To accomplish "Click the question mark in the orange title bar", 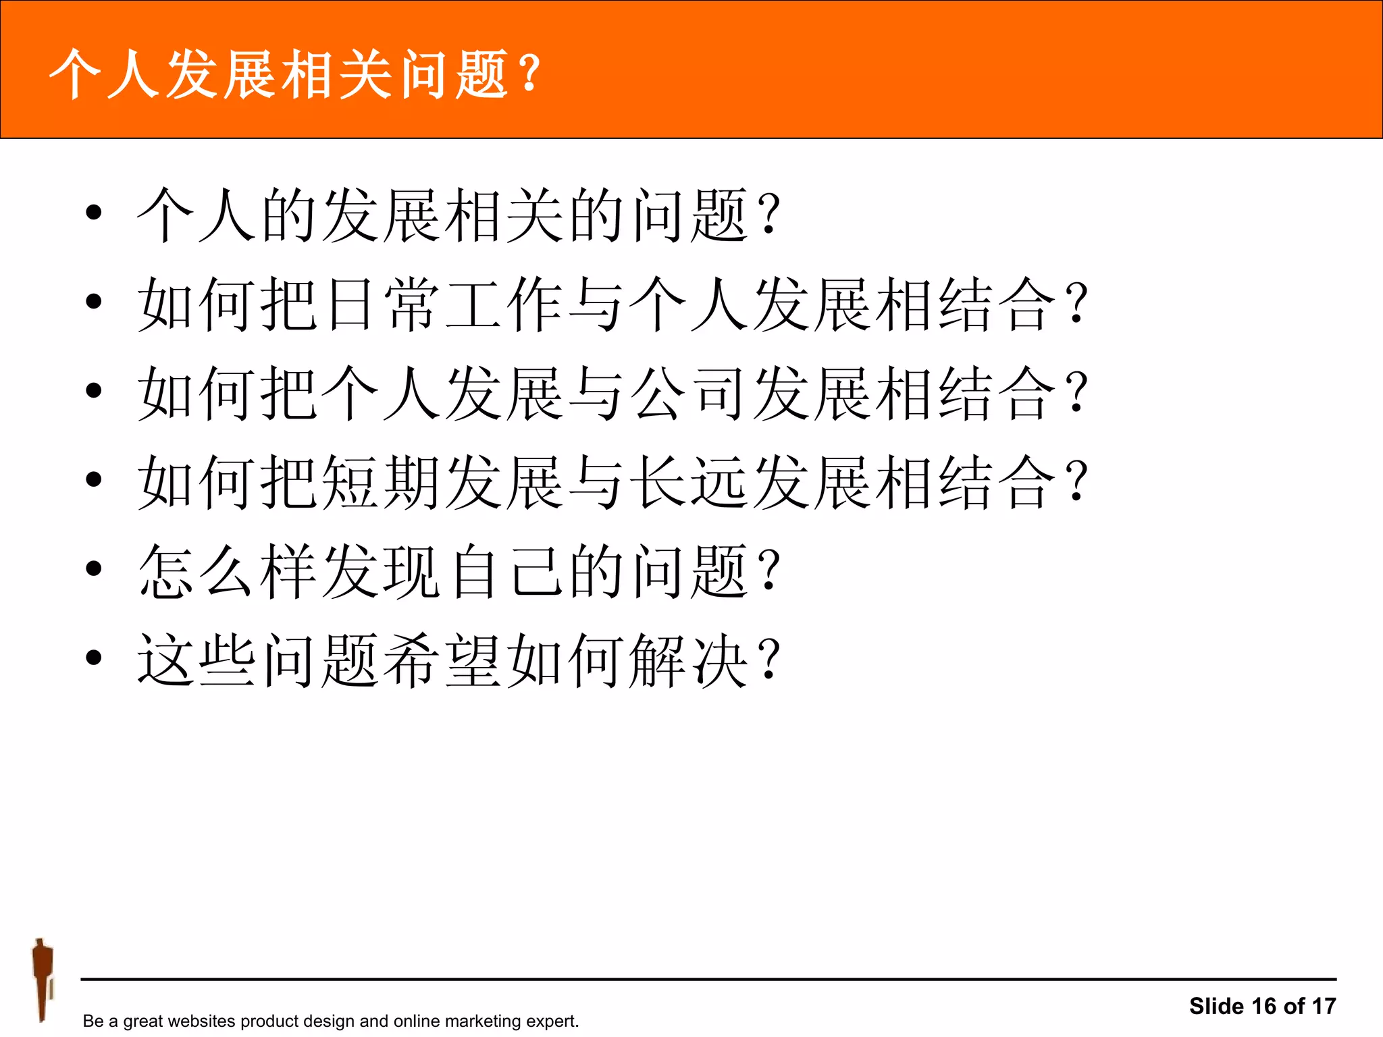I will point(531,73).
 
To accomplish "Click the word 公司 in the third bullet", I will point(689,393).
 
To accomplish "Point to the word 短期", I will point(382,482).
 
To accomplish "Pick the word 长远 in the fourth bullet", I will point(689,482).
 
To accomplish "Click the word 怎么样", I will point(228,571).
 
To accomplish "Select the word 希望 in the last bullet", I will point(443,660).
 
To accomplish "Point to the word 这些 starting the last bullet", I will point(197,660).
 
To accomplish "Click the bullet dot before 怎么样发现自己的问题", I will point(94,568).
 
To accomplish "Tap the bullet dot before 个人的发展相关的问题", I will point(94,212).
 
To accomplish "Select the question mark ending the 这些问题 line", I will point(770,660).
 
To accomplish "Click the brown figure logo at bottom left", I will point(43,979).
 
